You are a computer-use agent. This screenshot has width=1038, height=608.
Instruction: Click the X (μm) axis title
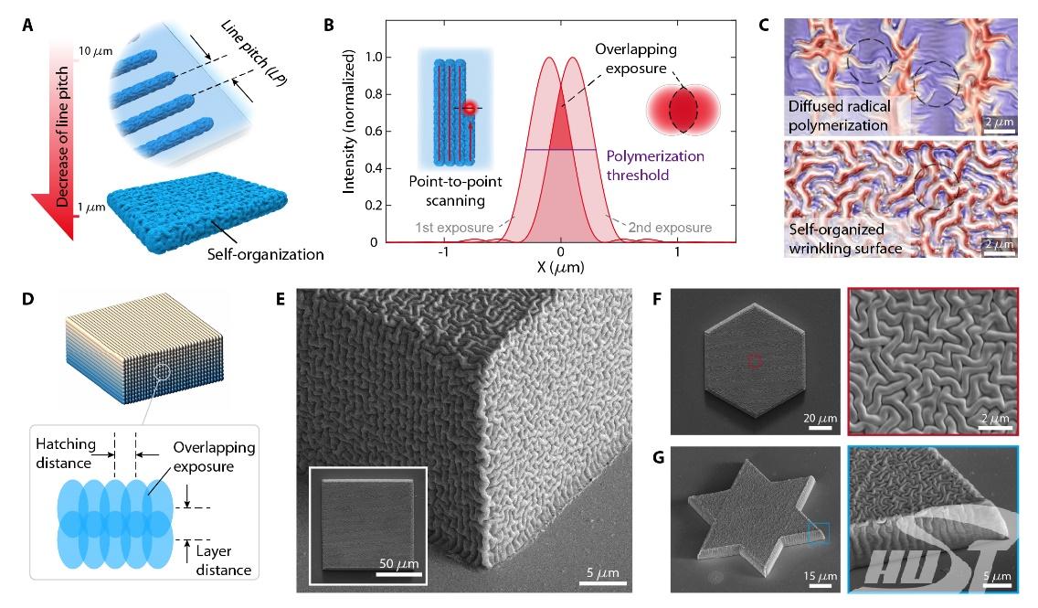556,269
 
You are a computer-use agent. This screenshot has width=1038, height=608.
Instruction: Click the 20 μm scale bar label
820,419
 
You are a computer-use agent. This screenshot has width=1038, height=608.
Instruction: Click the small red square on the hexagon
755,361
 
